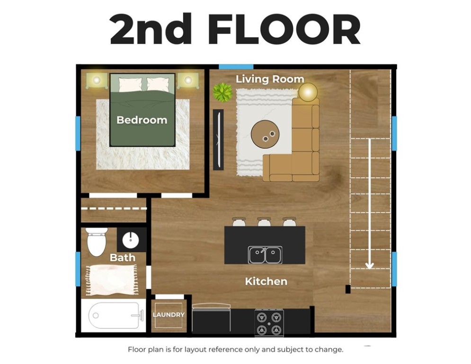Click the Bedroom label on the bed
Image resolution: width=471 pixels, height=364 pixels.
pos(142,120)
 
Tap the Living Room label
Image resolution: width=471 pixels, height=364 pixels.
pos(270,79)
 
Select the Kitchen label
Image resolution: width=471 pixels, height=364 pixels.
pos(266,281)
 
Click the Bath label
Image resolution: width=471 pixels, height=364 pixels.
pos(123,258)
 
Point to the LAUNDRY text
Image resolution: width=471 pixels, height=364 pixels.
pos(169,315)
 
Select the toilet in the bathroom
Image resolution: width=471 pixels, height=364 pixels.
pos(97,241)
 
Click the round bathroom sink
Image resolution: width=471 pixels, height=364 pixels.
pos(131,239)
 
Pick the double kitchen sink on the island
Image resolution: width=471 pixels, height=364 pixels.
pos(265,255)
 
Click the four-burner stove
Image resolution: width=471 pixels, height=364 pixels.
pos(269,323)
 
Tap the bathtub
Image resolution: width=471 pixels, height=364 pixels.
pos(114,315)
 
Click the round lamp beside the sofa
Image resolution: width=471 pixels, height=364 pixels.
pos(308,91)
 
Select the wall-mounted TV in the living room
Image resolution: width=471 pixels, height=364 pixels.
pos(218,139)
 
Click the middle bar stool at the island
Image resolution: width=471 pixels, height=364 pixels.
pos(264,222)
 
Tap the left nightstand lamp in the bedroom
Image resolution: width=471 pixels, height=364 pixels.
pos(97,81)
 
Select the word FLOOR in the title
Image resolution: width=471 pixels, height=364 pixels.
pos(284,29)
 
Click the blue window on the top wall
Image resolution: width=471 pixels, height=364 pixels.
pos(236,66)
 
